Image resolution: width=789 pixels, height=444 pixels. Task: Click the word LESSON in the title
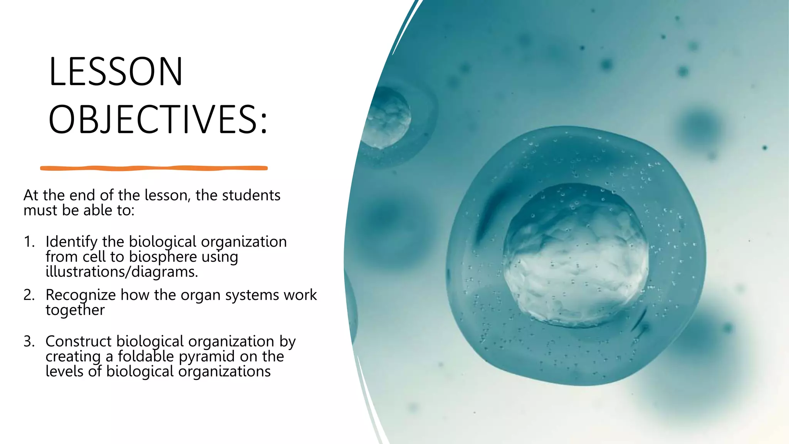[116, 72]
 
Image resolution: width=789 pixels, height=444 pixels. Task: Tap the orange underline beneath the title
[154, 168]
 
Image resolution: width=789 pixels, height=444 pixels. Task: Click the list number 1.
[29, 242]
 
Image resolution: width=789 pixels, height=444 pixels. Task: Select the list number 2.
[29, 295]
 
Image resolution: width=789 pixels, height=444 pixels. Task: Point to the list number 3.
[29, 342]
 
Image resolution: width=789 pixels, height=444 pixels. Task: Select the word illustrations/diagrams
[122, 272]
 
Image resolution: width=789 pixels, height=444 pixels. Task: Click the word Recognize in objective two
[81, 295]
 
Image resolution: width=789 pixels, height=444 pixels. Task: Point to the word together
[75, 310]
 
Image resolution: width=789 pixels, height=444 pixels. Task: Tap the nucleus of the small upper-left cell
[387, 118]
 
